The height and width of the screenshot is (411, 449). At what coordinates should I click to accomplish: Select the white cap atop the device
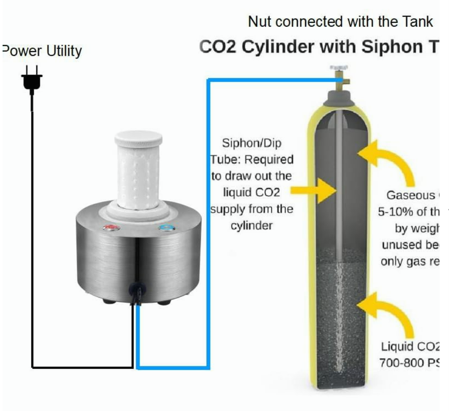tap(138, 139)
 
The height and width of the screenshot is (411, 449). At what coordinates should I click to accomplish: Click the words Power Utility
tap(42, 51)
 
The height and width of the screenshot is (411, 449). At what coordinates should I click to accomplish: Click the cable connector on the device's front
tap(137, 292)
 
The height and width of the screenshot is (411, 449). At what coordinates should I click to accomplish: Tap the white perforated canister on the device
tap(138, 176)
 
